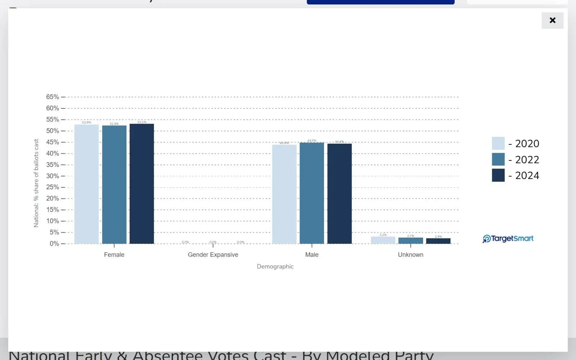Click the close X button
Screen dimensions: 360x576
(x=552, y=21)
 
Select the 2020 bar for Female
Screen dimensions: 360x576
(x=86, y=184)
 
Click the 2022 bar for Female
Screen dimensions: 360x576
(x=114, y=185)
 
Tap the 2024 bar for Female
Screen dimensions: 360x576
(x=142, y=184)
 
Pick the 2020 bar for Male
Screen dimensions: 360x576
(x=284, y=194)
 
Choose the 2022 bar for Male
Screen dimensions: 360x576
(x=312, y=193)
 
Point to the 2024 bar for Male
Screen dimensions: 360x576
(x=339, y=194)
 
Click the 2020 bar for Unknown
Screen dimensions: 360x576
(x=383, y=240)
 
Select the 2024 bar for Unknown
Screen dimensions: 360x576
(x=438, y=241)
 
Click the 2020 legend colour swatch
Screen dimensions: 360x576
(x=498, y=143)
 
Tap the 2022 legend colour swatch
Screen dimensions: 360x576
(x=498, y=159)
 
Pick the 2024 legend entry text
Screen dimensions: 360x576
(x=527, y=175)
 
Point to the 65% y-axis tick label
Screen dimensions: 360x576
(x=53, y=97)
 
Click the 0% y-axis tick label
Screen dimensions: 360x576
(x=54, y=244)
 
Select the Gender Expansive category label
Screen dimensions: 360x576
(x=213, y=255)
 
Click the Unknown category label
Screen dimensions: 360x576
(x=410, y=255)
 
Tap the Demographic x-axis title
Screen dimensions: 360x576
(x=275, y=266)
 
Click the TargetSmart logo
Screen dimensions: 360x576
(x=508, y=239)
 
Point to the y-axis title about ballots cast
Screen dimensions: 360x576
(x=36, y=183)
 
